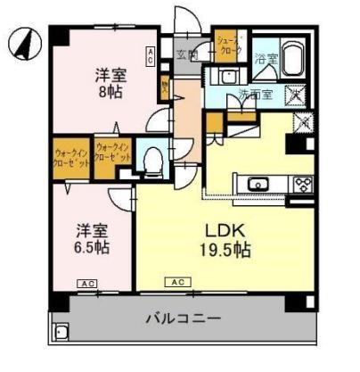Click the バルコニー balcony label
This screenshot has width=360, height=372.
[184, 318]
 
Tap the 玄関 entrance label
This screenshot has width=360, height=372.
[188, 55]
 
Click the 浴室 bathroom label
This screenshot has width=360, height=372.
[265, 59]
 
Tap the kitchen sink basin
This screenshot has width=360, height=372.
[258, 186]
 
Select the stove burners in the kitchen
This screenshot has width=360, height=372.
[301, 185]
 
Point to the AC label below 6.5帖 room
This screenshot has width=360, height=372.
[86, 284]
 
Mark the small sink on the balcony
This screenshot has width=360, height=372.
[61, 334]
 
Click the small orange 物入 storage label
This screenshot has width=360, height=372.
[165, 87]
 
